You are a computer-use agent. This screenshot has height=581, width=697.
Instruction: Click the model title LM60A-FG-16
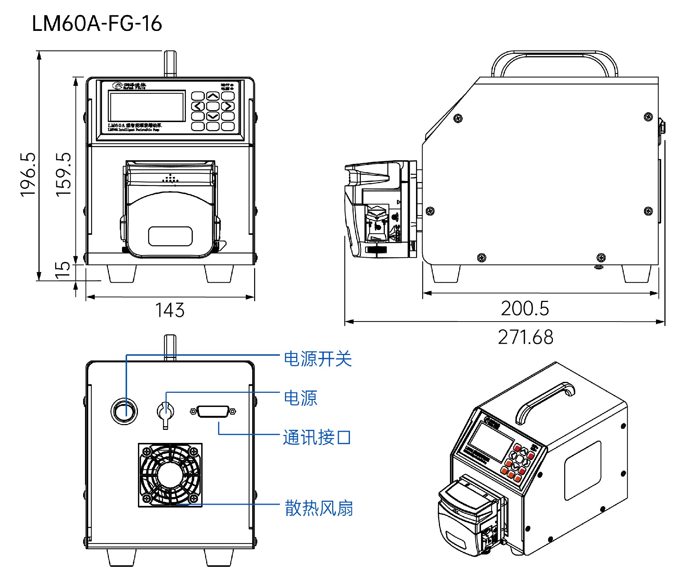(97, 24)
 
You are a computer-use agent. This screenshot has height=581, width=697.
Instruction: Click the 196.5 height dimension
(28, 175)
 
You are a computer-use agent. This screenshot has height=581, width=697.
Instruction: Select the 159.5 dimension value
(64, 175)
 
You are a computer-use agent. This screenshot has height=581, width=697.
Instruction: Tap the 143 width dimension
(170, 310)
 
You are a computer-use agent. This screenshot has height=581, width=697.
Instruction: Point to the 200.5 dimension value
(525, 308)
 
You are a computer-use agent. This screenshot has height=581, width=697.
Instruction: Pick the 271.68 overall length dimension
(526, 337)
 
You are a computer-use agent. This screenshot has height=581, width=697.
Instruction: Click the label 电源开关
(318, 359)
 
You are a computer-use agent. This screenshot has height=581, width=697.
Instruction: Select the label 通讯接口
(317, 437)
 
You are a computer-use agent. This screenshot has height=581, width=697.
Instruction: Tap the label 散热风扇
(319, 508)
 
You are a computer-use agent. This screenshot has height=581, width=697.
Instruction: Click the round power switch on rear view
(124, 411)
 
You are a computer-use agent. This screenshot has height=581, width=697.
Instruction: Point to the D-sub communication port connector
(213, 411)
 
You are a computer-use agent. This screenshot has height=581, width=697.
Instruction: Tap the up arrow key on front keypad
(213, 96)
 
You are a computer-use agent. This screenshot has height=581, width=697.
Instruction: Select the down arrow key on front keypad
(213, 116)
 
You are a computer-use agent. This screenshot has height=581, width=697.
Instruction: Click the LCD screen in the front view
(147, 106)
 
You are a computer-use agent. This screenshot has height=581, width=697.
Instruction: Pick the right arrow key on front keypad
(228, 106)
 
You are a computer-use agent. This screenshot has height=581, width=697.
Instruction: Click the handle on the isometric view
(545, 402)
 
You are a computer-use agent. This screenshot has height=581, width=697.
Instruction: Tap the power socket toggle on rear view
(166, 413)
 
